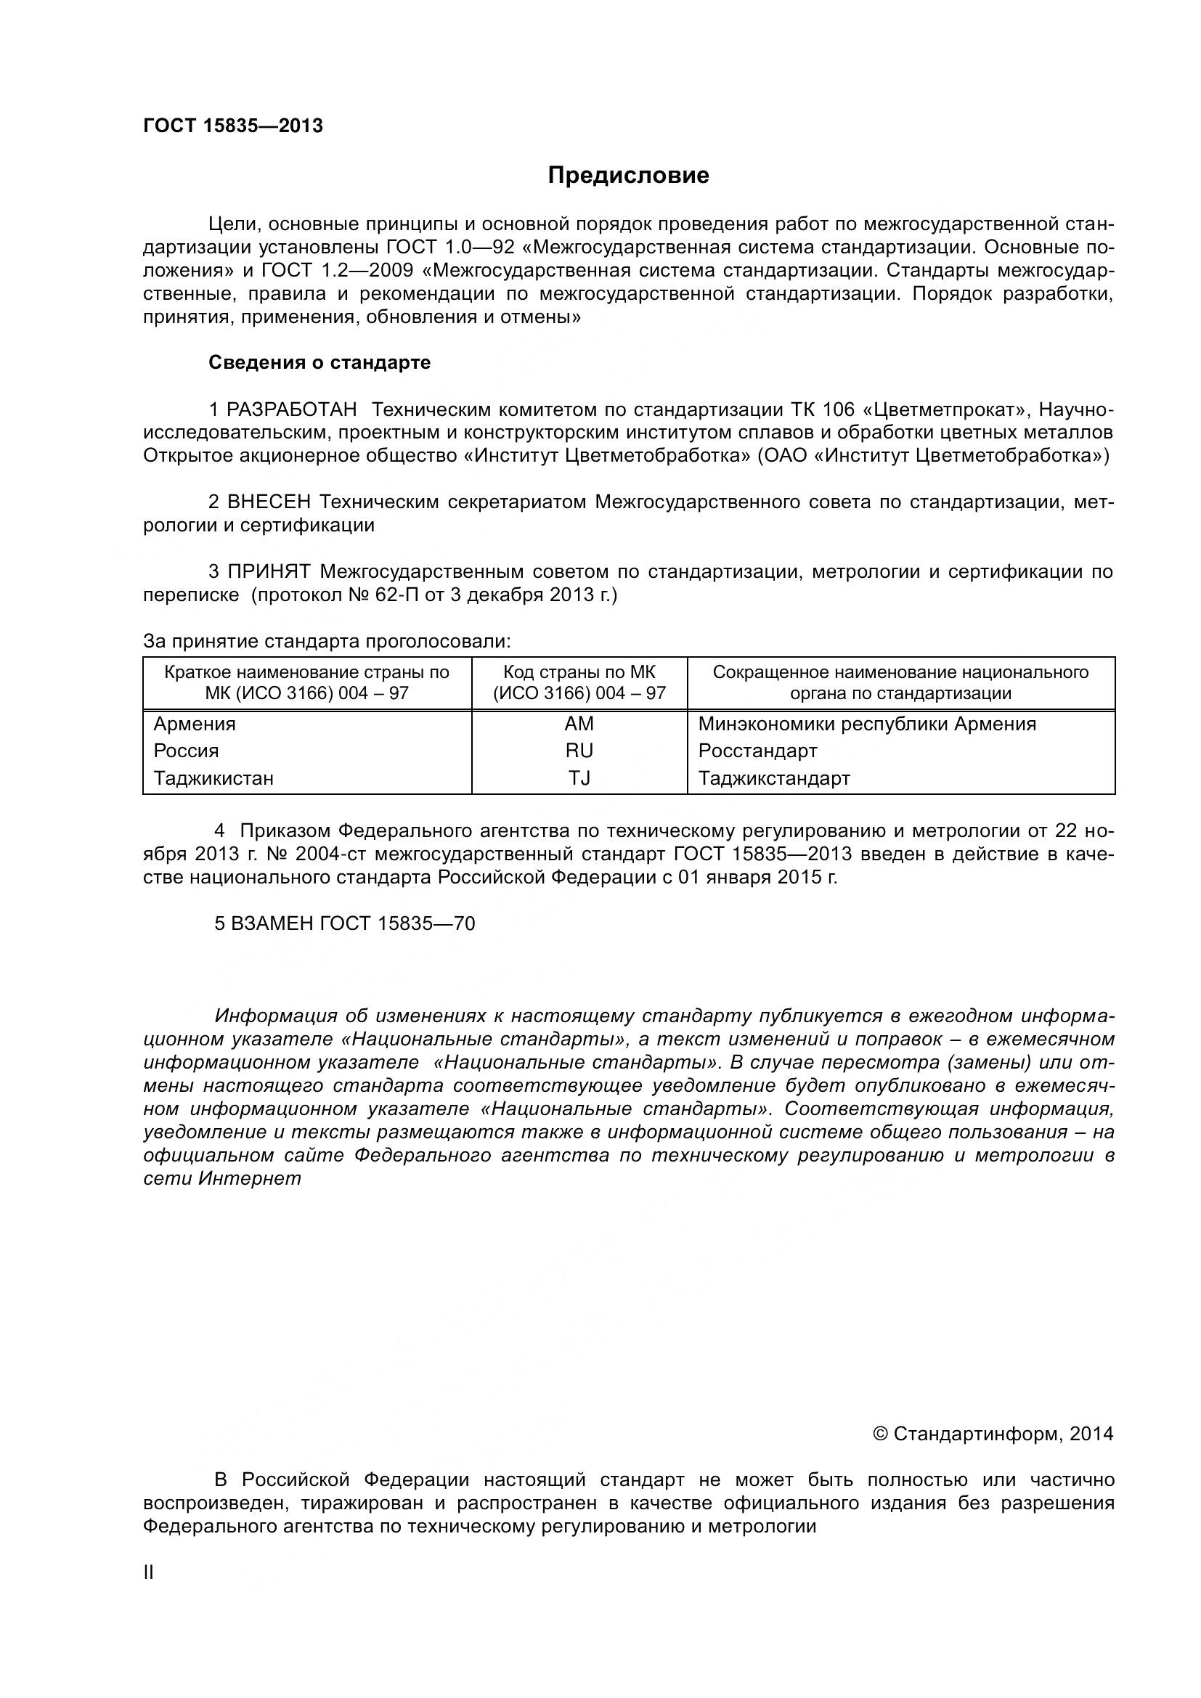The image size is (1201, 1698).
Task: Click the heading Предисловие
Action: click(628, 175)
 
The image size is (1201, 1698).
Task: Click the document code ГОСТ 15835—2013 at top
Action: click(233, 126)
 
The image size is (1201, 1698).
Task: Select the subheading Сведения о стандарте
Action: click(319, 363)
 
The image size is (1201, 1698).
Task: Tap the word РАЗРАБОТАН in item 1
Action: click(291, 409)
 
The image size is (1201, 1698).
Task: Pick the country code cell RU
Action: click(579, 751)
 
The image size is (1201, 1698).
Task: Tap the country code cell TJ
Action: click(579, 778)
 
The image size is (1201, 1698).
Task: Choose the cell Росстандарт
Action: click(757, 751)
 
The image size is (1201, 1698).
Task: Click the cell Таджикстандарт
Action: click(773, 778)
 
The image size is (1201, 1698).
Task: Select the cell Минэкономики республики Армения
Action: click(867, 724)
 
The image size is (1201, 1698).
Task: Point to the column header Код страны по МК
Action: click(579, 672)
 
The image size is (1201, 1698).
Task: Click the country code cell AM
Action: click(579, 724)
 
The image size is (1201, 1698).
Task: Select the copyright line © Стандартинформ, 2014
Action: click(993, 1434)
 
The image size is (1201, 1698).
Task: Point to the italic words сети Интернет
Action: click(222, 1179)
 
